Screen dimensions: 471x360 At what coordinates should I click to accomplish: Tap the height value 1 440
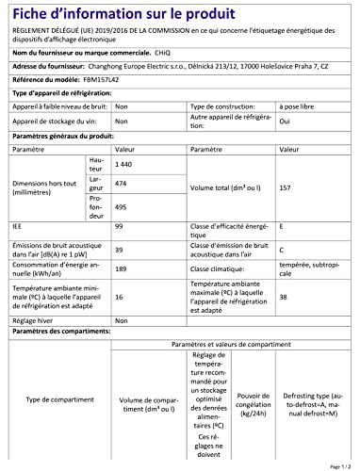point(122,164)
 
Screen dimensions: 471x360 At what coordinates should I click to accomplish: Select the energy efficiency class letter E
point(302,226)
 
